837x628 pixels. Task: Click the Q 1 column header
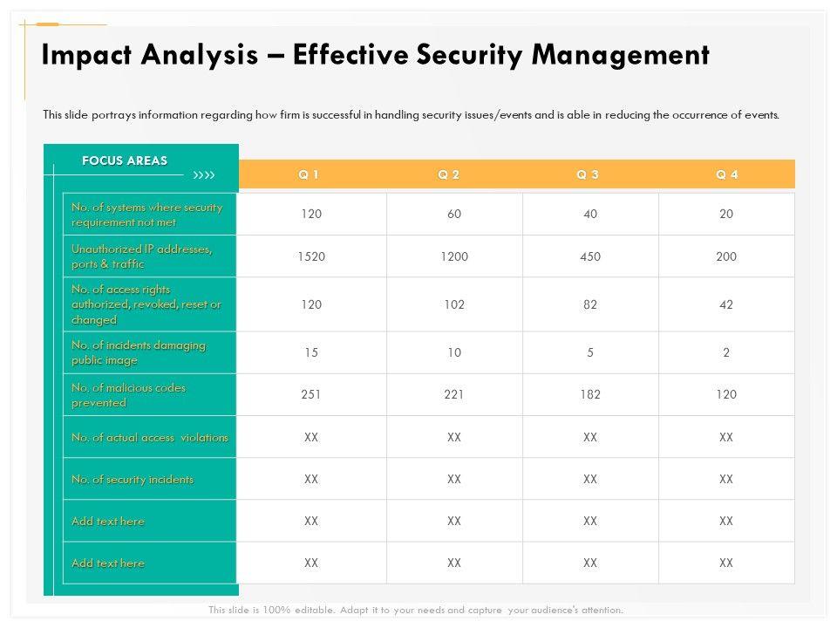point(309,174)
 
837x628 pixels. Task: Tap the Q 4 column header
point(727,174)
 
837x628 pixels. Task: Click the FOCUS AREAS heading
point(125,160)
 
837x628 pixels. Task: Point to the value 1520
point(311,256)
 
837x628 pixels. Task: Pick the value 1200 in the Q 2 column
point(453,256)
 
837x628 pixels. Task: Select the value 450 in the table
point(590,256)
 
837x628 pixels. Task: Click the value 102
point(453,304)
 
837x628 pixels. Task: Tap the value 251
point(311,394)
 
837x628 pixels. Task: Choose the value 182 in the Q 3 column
point(590,394)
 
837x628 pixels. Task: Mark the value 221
point(453,394)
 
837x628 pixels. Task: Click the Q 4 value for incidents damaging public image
point(726,352)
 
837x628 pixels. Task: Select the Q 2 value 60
point(453,215)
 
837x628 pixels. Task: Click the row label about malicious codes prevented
point(128,395)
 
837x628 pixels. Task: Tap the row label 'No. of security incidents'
point(133,480)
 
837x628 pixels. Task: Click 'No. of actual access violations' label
point(150,437)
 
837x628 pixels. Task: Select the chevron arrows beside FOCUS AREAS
point(203,175)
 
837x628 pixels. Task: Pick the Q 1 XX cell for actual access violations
point(311,437)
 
